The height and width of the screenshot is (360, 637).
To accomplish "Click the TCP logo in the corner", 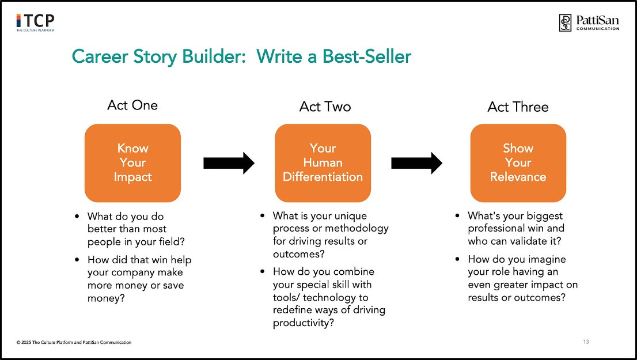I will (35, 22).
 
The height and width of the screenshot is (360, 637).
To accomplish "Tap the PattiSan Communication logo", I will (589, 22).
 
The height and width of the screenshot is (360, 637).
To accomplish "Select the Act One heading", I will (132, 105).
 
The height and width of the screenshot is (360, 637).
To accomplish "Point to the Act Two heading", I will (325, 107).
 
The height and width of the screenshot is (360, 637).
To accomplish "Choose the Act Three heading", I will (518, 107).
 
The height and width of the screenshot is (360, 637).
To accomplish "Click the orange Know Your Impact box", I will (132, 162).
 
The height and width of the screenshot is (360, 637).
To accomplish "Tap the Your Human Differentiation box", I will (323, 162).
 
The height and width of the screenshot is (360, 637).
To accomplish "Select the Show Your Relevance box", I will (518, 162).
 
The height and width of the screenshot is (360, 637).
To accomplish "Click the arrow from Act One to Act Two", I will (229, 163).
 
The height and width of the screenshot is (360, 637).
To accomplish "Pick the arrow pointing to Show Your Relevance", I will (416, 163).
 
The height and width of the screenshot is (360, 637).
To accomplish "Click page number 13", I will (586, 342).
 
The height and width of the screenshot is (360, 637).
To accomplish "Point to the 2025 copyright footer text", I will (74, 343).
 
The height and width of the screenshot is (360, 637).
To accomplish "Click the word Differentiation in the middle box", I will (323, 177).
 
